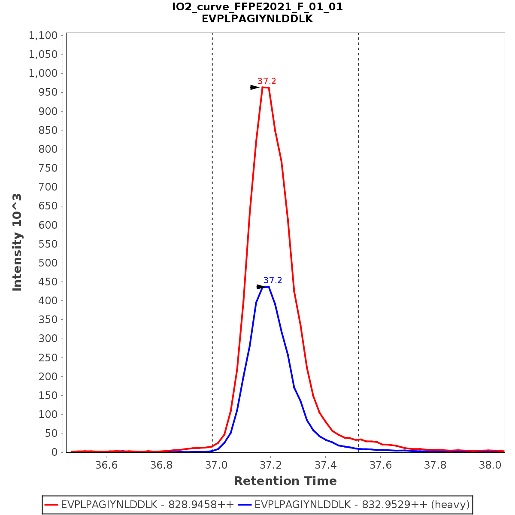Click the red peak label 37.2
click(x=267, y=81)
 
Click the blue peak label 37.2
click(x=273, y=280)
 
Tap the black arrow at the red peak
click(x=255, y=87)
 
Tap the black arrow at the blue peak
click(x=261, y=287)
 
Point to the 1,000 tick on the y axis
click(x=43, y=73)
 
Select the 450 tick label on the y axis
click(x=48, y=282)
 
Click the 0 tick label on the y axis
click(x=54, y=452)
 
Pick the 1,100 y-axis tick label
click(x=43, y=36)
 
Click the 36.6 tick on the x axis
click(x=106, y=465)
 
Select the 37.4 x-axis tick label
click(x=325, y=465)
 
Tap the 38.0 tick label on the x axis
click(x=490, y=465)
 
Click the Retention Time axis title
click(x=285, y=481)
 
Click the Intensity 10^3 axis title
click(x=17, y=242)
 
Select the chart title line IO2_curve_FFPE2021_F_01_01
click(x=257, y=7)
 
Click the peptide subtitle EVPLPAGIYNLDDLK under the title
click(x=257, y=19)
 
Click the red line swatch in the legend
click(x=51, y=505)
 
